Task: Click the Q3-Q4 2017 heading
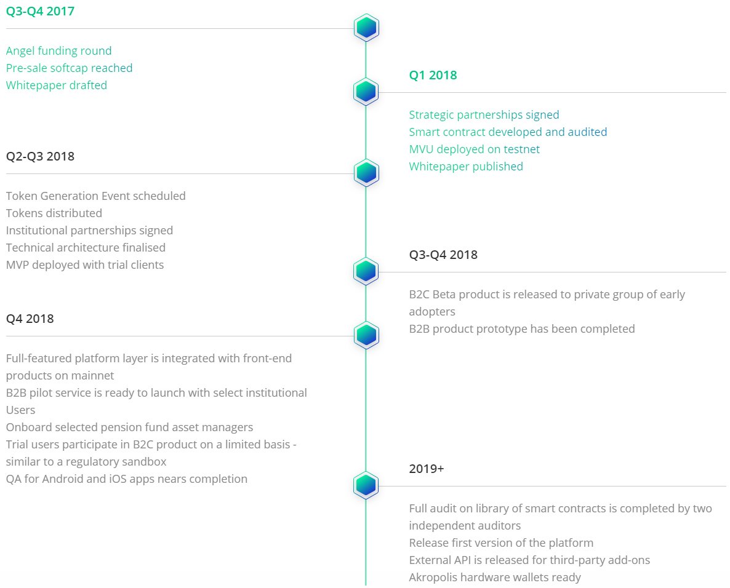pyautogui.click(x=40, y=11)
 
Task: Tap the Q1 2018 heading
pyautogui.click(x=433, y=76)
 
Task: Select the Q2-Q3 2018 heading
pyautogui.click(x=40, y=156)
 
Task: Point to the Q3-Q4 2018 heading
pyautogui.click(x=443, y=255)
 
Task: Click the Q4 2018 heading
pyautogui.click(x=30, y=319)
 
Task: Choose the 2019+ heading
pyautogui.click(x=427, y=469)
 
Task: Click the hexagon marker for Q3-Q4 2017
pyautogui.click(x=366, y=28)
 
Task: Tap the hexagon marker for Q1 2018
pyautogui.click(x=366, y=91)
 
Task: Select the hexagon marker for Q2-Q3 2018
pyautogui.click(x=366, y=173)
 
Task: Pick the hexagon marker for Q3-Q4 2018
pyautogui.click(x=366, y=271)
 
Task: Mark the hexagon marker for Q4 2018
pyautogui.click(x=366, y=335)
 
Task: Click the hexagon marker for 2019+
pyautogui.click(x=366, y=485)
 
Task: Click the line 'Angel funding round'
pyautogui.click(x=58, y=50)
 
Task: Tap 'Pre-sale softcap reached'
pyautogui.click(x=70, y=68)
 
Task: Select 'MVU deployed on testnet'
pyautogui.click(x=475, y=149)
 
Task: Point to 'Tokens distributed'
pyautogui.click(x=54, y=213)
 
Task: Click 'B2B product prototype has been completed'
pyautogui.click(x=522, y=329)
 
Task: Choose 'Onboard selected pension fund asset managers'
pyautogui.click(x=129, y=427)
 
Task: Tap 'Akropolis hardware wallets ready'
pyautogui.click(x=495, y=578)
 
